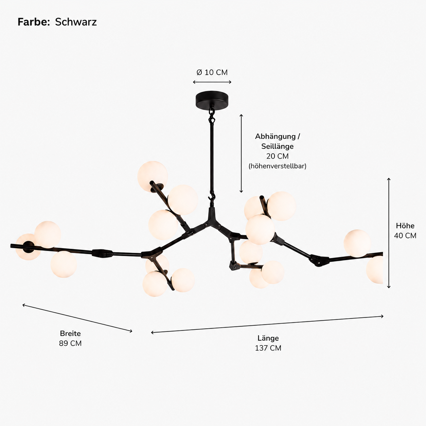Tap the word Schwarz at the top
[76, 22]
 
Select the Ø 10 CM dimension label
[212, 72]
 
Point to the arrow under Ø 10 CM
[212, 82]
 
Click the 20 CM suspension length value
[278, 156]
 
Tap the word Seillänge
[278, 146]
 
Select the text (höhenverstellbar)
[278, 166]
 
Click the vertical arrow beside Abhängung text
[241, 154]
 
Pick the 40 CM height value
[405, 235]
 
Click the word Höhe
[405, 226]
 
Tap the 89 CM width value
[70, 343]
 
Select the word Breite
[70, 333]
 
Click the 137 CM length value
[268, 348]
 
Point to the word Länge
[268, 338]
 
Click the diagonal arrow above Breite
[77, 318]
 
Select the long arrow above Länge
[267, 324]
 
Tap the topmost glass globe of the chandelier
[152, 176]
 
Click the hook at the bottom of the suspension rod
[212, 198]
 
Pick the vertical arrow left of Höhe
[389, 233]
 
